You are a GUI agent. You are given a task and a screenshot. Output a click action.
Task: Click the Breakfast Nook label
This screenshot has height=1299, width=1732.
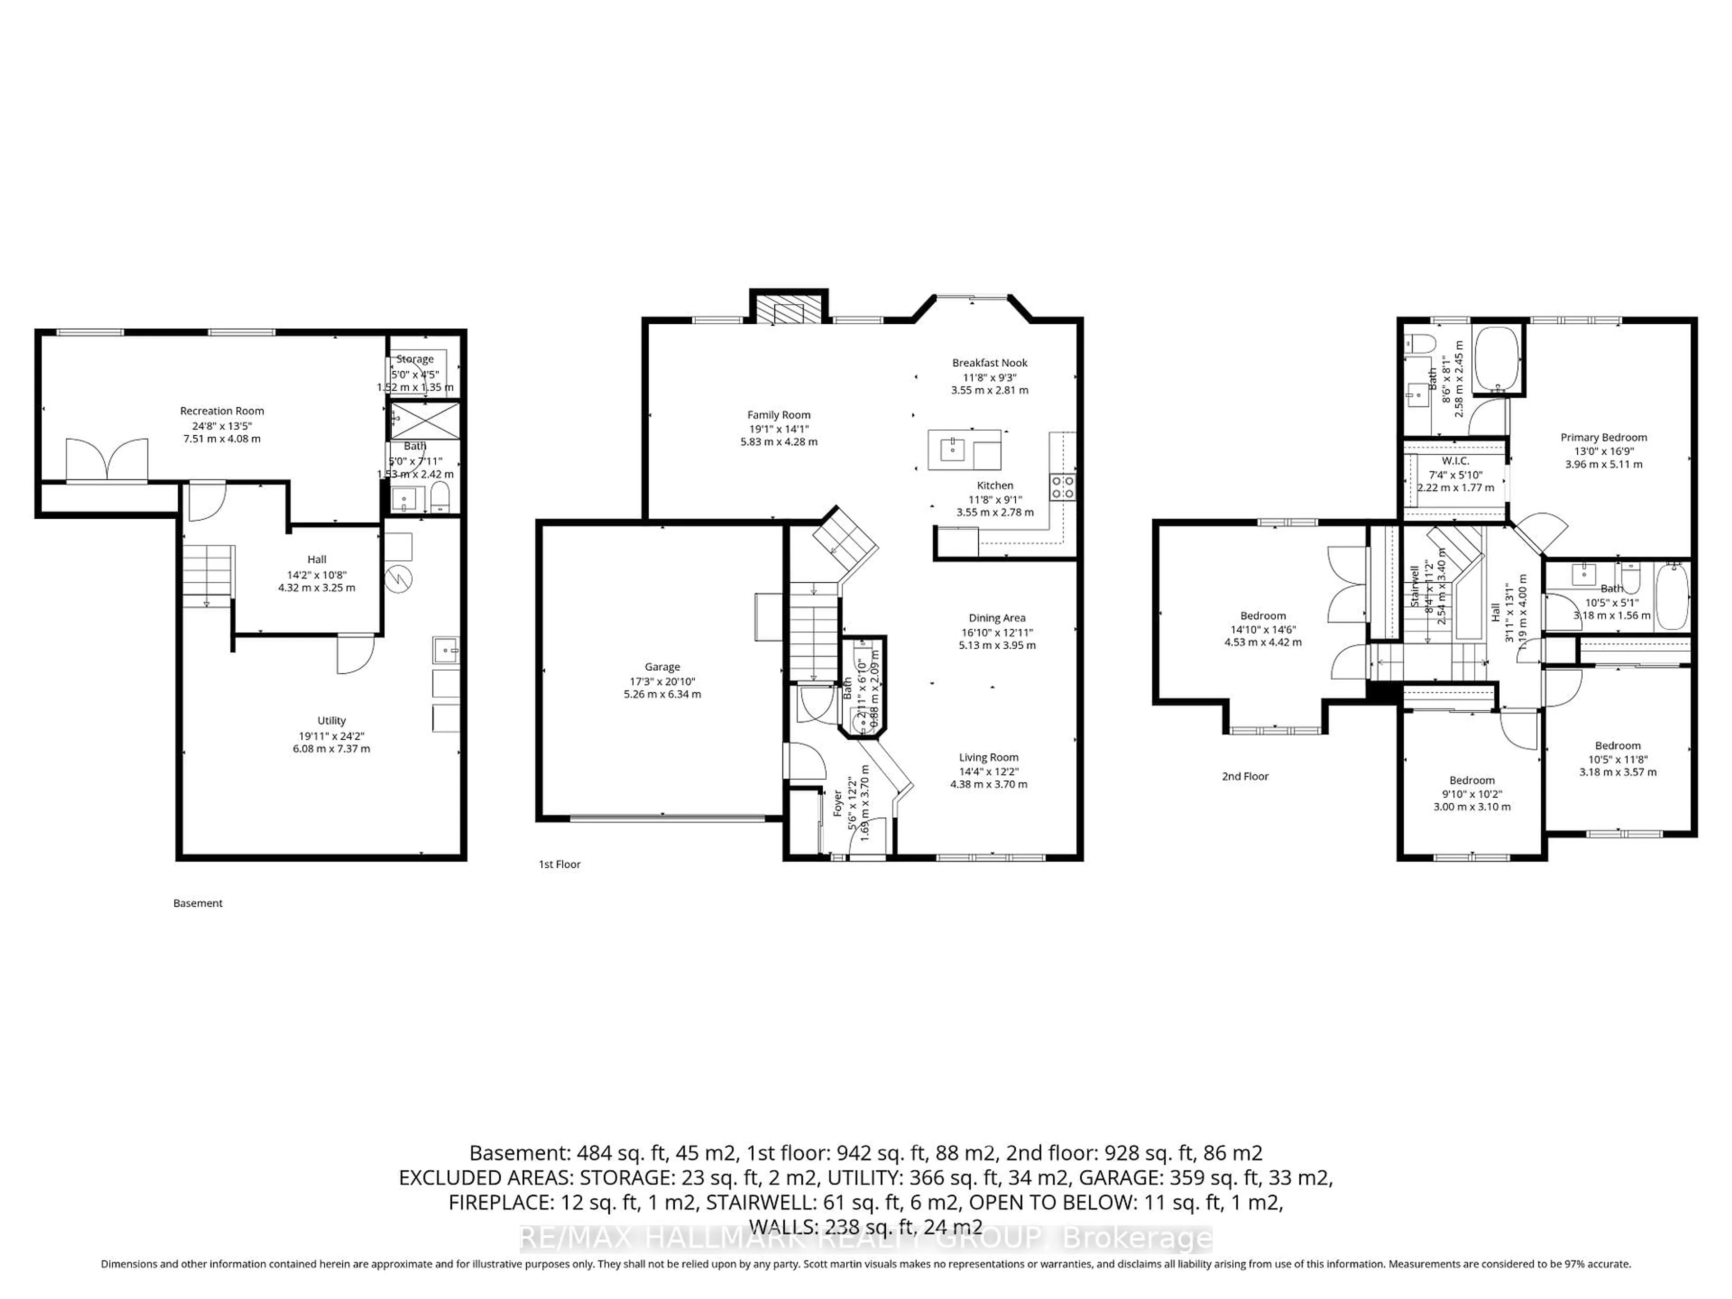pyautogui.click(x=990, y=363)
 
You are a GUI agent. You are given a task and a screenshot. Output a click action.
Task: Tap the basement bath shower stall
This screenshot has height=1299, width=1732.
pyautogui.click(x=425, y=420)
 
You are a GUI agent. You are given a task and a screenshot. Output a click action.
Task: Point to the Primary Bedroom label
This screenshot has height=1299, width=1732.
pyautogui.click(x=1603, y=438)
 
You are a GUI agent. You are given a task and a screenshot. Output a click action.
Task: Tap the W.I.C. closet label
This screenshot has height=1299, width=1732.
pyautogui.click(x=1456, y=461)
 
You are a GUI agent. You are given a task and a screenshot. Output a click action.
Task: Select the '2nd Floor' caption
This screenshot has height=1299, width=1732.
pyautogui.click(x=1245, y=776)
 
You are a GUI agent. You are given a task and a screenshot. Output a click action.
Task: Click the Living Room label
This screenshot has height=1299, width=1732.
pyautogui.click(x=989, y=757)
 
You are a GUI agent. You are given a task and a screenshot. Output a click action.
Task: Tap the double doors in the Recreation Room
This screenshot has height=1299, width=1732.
pyautogui.click(x=106, y=461)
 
